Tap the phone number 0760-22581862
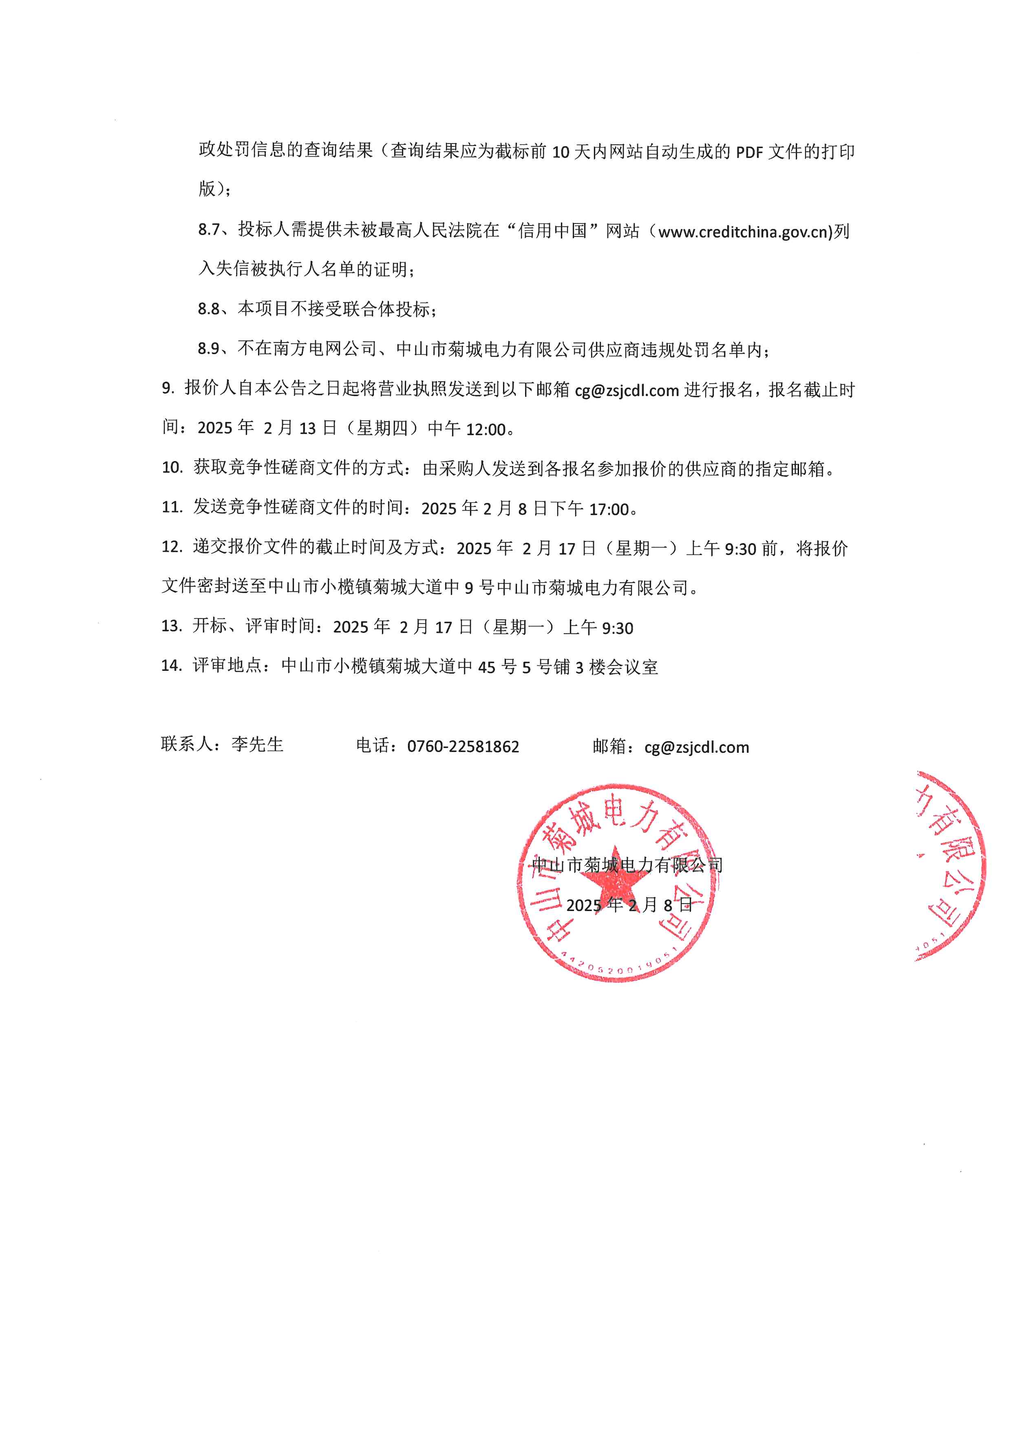click(463, 747)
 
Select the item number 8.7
click(209, 230)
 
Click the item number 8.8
click(209, 309)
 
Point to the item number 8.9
click(209, 349)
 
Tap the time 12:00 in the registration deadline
click(486, 429)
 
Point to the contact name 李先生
click(257, 744)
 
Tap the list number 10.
click(172, 467)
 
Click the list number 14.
click(171, 666)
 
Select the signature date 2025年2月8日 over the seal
click(629, 905)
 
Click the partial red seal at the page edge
click(951, 866)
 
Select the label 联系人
click(186, 744)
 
